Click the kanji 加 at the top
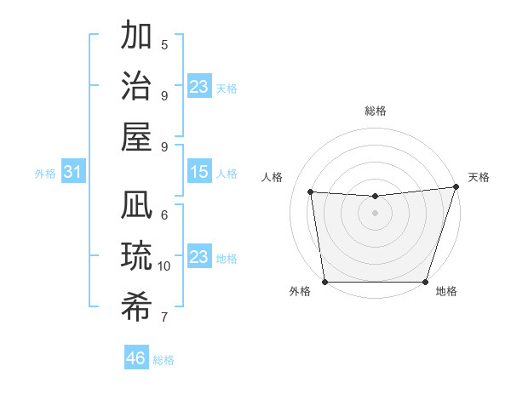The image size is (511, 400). point(136,37)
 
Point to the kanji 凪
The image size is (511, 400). point(136,207)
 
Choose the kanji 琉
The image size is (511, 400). point(136,256)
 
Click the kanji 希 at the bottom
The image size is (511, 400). point(136,306)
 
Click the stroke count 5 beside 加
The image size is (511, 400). point(164,45)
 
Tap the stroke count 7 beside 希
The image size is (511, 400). point(164,317)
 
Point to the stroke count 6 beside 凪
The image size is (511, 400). point(164,215)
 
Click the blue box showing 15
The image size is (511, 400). point(198,173)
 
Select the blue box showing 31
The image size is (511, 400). point(73,173)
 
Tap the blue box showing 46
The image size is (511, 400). point(135,358)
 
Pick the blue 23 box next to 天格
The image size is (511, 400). point(198,87)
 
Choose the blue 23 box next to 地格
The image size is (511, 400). point(198,257)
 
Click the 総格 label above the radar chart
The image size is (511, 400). point(375,111)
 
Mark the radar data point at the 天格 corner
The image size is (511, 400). point(456,186)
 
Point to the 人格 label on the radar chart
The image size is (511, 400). point(273,177)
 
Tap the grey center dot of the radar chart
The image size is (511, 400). point(375,213)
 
